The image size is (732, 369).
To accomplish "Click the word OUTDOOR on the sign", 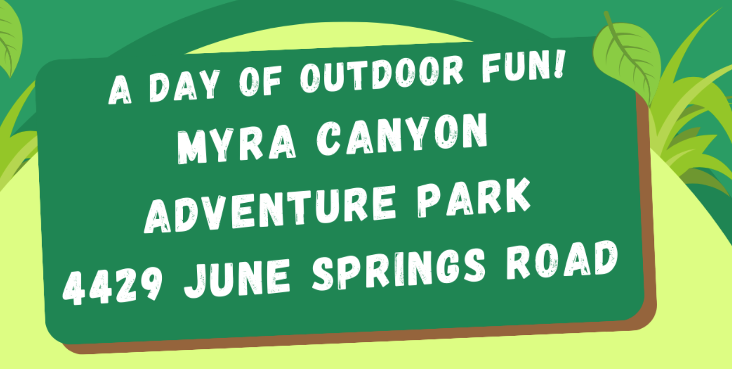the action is (x=381, y=74).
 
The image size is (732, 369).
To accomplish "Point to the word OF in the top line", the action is (x=260, y=81).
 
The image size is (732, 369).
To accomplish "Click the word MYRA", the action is (x=237, y=143).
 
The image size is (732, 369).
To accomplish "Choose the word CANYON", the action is (x=402, y=134).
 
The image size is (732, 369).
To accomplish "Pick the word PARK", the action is (x=474, y=198).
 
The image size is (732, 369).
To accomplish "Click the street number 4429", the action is (x=112, y=286).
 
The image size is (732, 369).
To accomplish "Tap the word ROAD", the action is (x=562, y=260).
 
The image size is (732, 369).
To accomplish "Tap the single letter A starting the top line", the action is (x=120, y=90).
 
